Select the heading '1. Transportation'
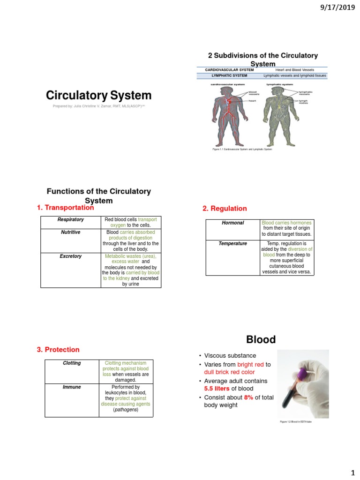(x=65, y=208)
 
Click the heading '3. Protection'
(x=58, y=350)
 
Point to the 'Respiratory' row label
(x=70, y=220)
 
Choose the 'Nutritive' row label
(x=70, y=232)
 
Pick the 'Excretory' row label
(x=70, y=256)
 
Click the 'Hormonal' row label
(x=233, y=223)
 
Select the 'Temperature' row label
(x=233, y=244)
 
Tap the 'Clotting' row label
(x=72, y=363)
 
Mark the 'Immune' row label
(x=72, y=387)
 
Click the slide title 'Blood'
(x=261, y=339)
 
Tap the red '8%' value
(x=248, y=397)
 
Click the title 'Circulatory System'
(x=98, y=96)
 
